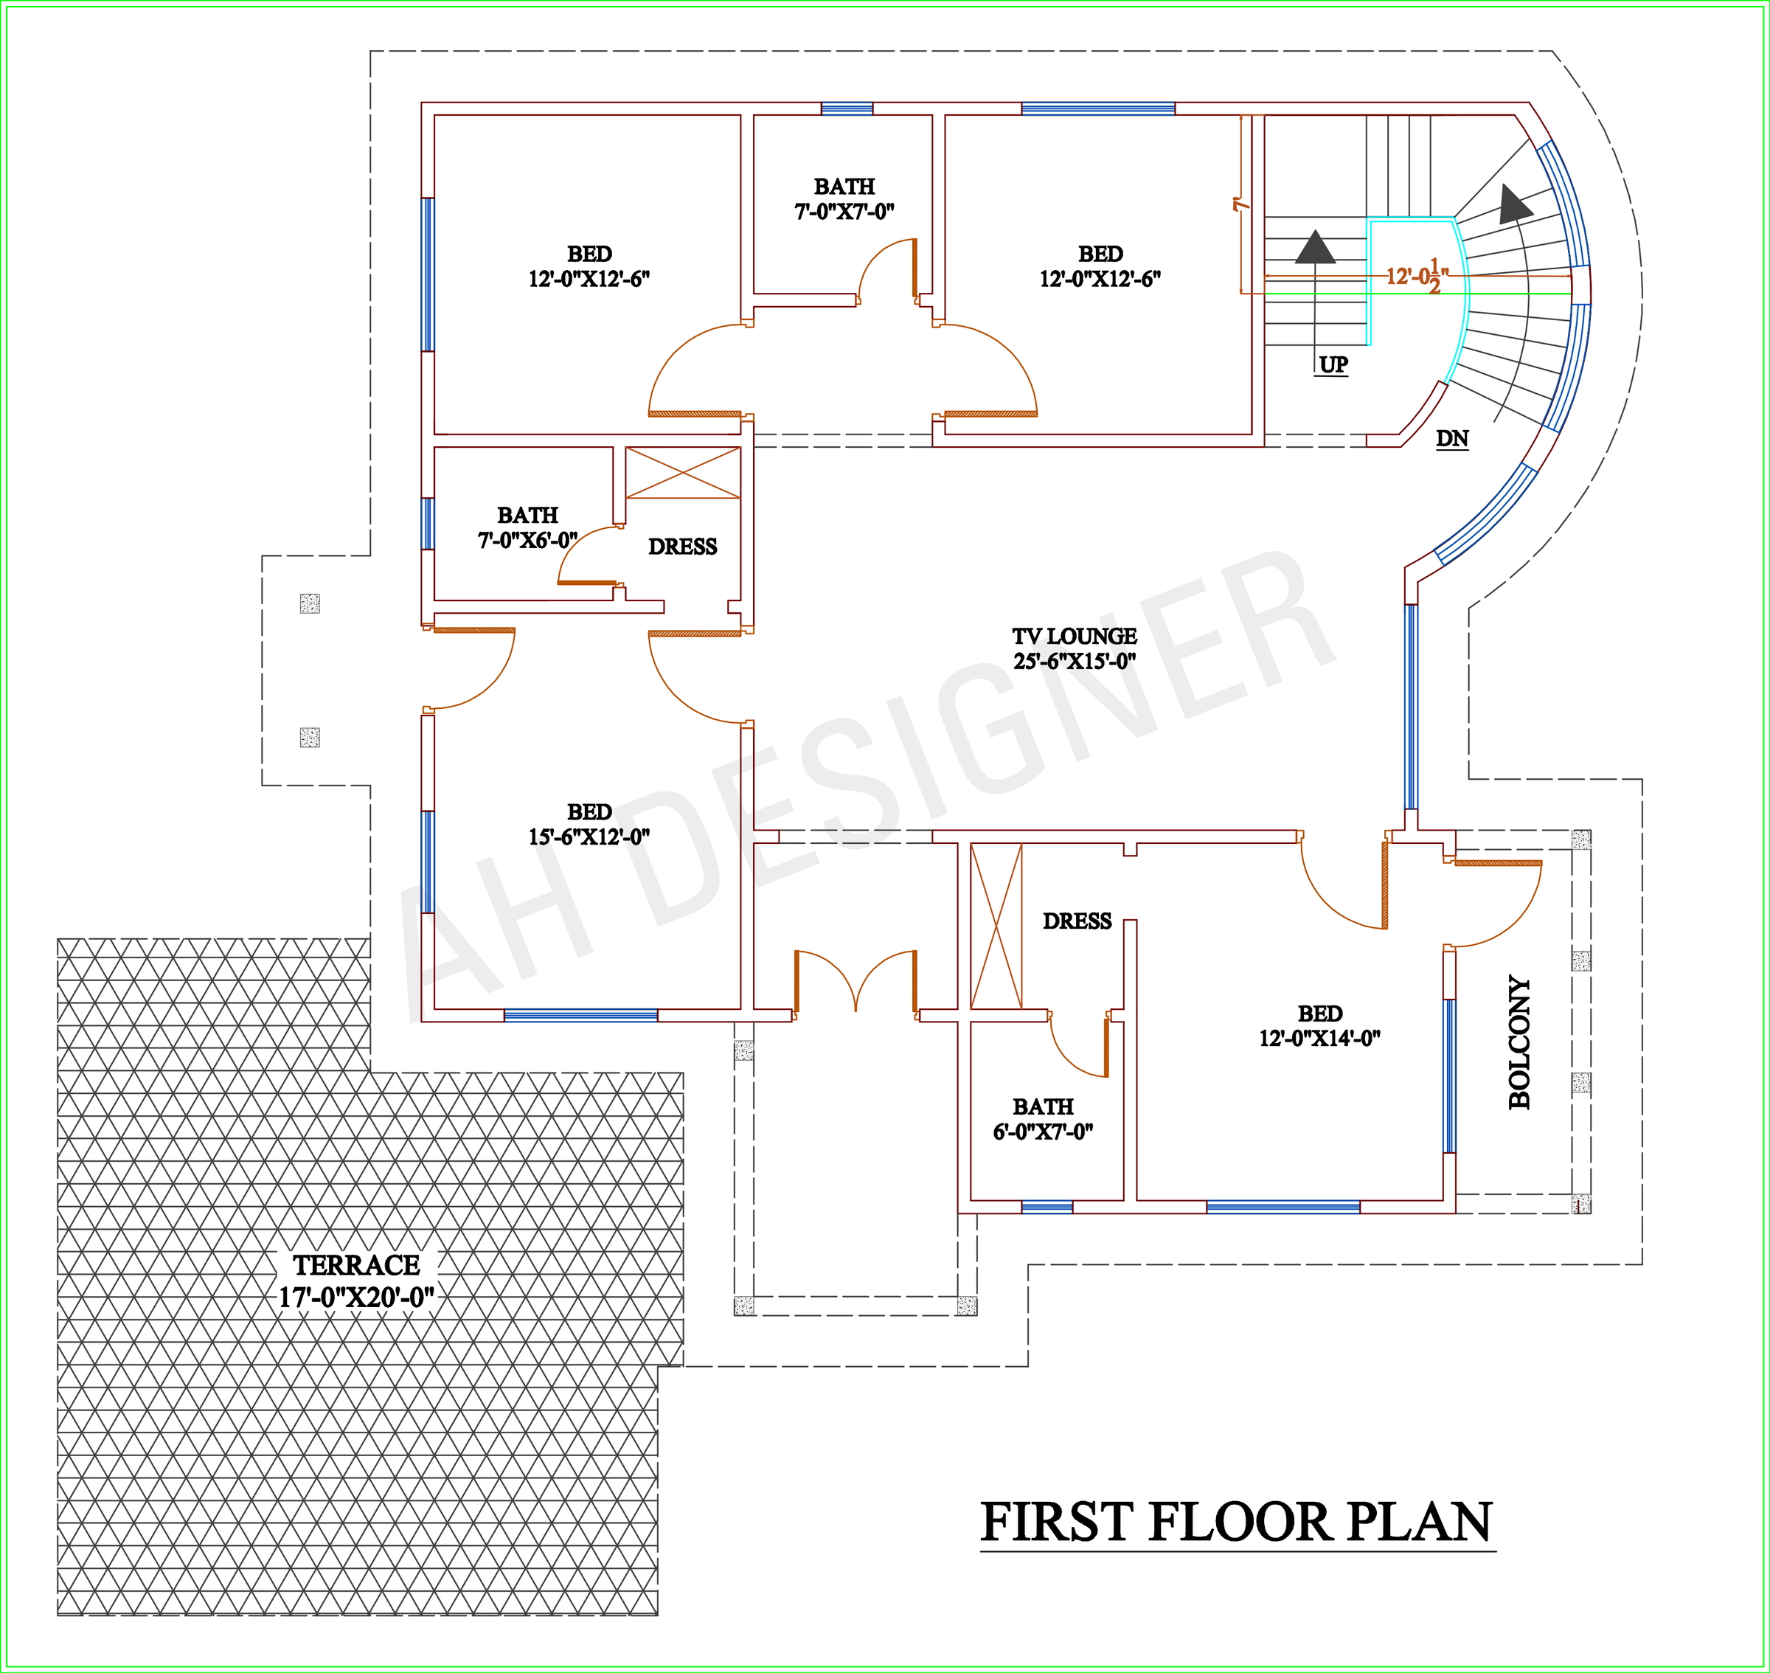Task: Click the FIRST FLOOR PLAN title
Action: [1237, 1523]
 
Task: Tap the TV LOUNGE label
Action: [1075, 648]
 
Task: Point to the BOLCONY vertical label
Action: [1519, 1042]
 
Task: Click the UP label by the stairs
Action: [1333, 364]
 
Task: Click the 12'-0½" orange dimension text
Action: [1417, 274]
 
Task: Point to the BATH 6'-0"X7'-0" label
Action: [1044, 1119]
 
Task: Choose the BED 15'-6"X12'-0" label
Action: [589, 824]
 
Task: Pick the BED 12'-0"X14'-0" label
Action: [1319, 1025]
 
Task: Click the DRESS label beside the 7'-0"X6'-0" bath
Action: [682, 547]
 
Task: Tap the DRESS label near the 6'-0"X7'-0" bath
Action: [1077, 921]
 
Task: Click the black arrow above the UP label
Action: [1315, 247]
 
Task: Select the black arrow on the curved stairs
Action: [1514, 204]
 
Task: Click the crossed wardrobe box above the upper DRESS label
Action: [683, 473]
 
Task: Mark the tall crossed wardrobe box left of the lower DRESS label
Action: [996, 926]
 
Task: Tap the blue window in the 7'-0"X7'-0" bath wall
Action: [846, 108]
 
